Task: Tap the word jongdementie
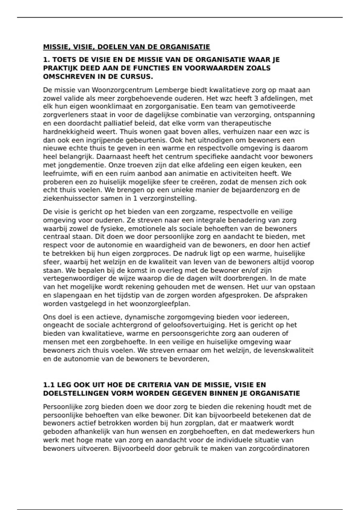pyautogui.click(x=79, y=165)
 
